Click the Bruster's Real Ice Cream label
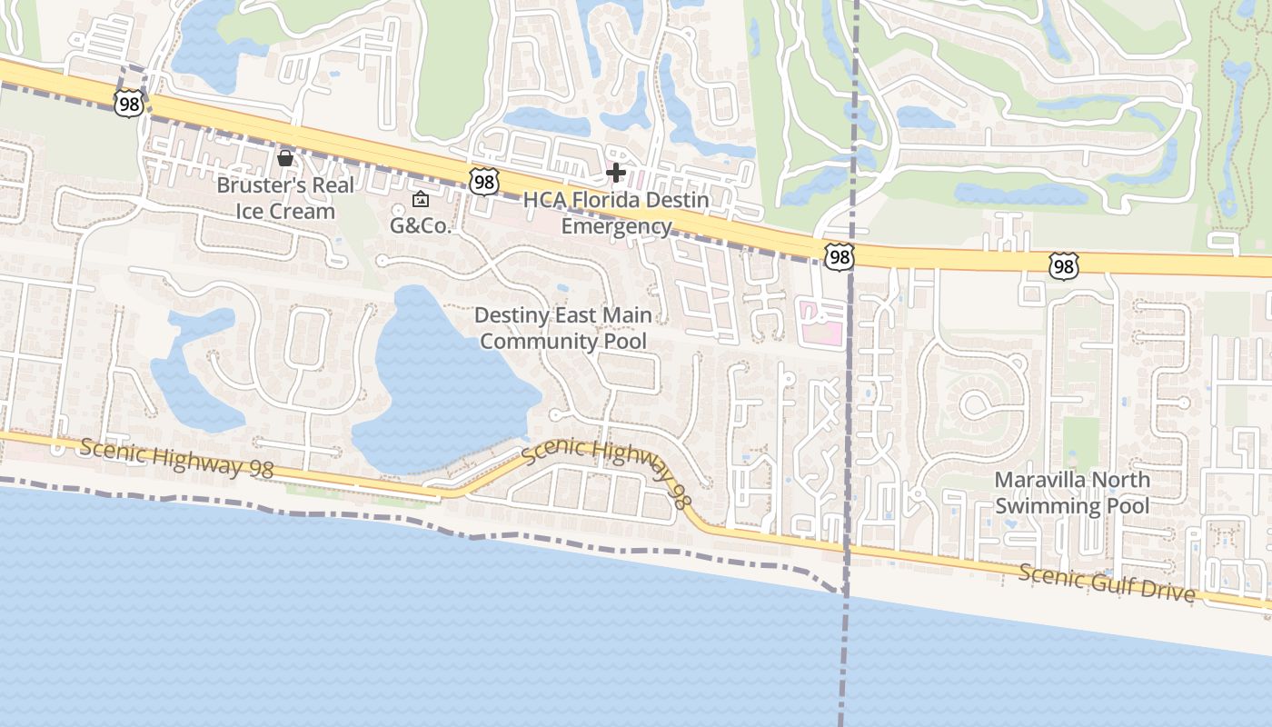coord(285,198)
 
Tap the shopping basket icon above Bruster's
coord(285,159)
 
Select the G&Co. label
coord(421,225)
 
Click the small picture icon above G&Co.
coord(421,200)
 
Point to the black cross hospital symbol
coord(616,172)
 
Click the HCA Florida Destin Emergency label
coord(616,213)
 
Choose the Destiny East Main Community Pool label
coord(563,328)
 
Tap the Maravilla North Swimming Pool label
coord(1072,493)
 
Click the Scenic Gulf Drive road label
coord(1107,583)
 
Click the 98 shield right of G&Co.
coord(484,182)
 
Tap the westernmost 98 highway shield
coord(129,104)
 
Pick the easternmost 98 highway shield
coord(1062,266)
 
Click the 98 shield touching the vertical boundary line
coord(840,258)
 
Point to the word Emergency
coord(616,226)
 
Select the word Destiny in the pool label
coord(512,315)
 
